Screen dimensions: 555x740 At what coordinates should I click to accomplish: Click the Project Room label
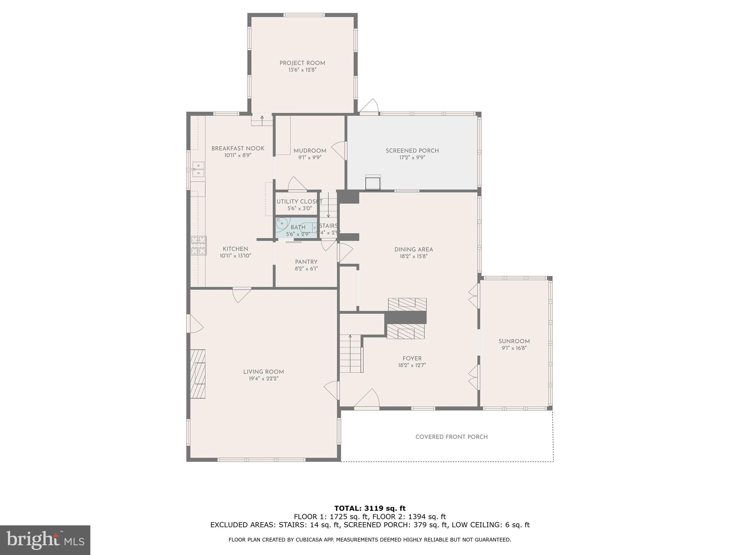(x=302, y=63)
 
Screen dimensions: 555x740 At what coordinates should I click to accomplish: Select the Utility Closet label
(x=299, y=202)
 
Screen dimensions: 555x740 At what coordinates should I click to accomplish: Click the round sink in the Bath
(x=281, y=223)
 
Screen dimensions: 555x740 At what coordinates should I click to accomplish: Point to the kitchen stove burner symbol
(x=198, y=245)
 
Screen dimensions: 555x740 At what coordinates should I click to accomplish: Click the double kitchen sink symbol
(x=198, y=169)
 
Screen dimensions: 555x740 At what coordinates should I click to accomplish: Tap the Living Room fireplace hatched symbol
(x=198, y=374)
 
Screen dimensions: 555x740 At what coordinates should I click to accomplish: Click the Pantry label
(x=306, y=262)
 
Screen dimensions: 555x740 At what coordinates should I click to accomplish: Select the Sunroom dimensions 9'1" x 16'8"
(x=514, y=348)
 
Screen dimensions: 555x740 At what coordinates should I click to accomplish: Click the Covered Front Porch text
(x=451, y=437)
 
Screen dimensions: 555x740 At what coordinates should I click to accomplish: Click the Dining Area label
(x=413, y=249)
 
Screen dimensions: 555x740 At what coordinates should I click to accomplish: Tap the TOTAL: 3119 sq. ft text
(x=370, y=509)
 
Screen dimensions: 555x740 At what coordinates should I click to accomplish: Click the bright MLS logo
(x=45, y=540)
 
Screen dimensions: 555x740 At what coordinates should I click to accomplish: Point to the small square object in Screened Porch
(x=373, y=183)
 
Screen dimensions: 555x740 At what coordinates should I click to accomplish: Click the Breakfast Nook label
(x=238, y=149)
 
